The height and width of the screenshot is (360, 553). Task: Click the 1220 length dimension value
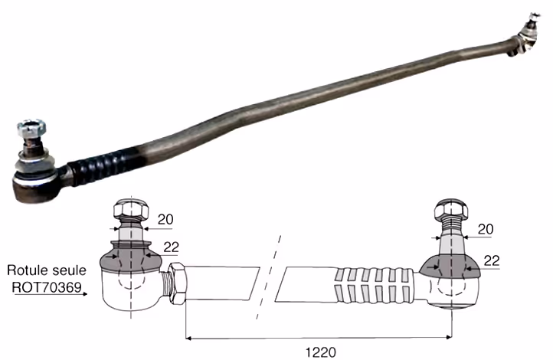pyautogui.click(x=320, y=352)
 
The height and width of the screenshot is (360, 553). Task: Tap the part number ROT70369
pyautogui.click(x=47, y=287)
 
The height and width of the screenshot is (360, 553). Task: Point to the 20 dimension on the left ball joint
pyautogui.click(x=165, y=219)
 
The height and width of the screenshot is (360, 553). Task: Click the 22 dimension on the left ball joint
pyautogui.click(x=171, y=247)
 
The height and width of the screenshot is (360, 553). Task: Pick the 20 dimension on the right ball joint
pyautogui.click(x=486, y=229)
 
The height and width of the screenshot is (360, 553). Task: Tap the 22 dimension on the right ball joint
pyautogui.click(x=492, y=260)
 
